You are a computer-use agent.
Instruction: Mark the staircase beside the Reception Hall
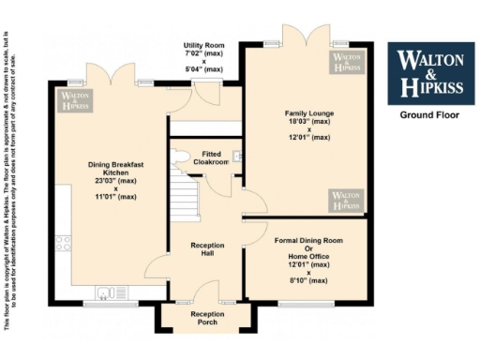tap(185, 198)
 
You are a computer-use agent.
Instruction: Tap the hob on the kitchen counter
tap(64, 244)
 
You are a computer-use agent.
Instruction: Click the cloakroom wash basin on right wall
tap(237, 157)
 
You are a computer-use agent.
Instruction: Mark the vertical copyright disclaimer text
tap(11, 178)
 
